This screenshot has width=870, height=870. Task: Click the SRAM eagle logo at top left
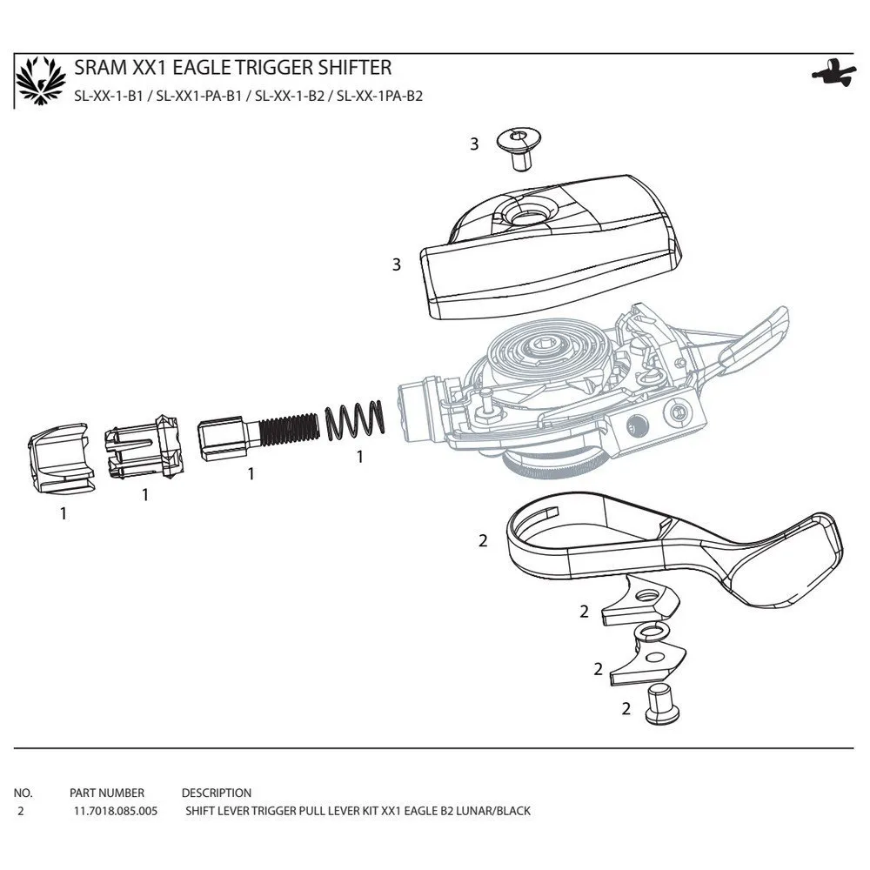coord(41,80)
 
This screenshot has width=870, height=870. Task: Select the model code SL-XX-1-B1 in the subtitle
coord(109,96)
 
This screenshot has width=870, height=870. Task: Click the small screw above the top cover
coord(519,148)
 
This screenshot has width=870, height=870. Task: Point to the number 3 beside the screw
coord(474,144)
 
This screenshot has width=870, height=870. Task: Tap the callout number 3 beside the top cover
coord(396,264)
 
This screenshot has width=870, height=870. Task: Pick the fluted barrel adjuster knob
coord(144,447)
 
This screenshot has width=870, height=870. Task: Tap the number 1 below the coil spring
coord(359,457)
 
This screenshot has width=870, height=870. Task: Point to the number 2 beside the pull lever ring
coord(483,540)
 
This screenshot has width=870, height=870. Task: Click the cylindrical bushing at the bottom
coord(662,705)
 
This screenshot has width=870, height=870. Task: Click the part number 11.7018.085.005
coord(116,811)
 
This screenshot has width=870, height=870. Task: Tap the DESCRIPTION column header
coord(217,793)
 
